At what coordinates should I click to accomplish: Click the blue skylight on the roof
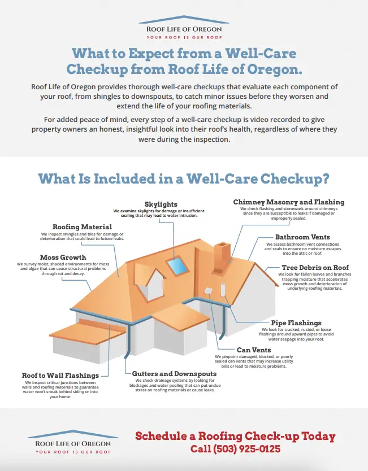coord(178,265)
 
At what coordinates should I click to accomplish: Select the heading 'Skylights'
coord(161,204)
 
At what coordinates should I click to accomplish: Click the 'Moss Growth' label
coord(63,258)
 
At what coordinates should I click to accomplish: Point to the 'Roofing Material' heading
coord(82,227)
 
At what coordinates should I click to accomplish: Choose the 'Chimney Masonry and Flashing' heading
coord(289,202)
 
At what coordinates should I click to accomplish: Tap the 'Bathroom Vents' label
coord(302,237)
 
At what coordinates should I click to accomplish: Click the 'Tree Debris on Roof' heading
coord(315,267)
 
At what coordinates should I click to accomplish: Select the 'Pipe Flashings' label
coord(296,323)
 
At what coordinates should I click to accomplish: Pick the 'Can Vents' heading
coord(254,350)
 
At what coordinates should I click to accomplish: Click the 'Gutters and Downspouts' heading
coord(174,374)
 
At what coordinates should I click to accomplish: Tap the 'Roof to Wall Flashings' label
coord(60,376)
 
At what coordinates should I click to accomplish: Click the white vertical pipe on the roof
coord(223,290)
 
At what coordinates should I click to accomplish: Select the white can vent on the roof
coord(208,291)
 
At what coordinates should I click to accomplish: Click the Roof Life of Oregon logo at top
coord(184,28)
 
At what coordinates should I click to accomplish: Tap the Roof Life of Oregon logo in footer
coord(73,442)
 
